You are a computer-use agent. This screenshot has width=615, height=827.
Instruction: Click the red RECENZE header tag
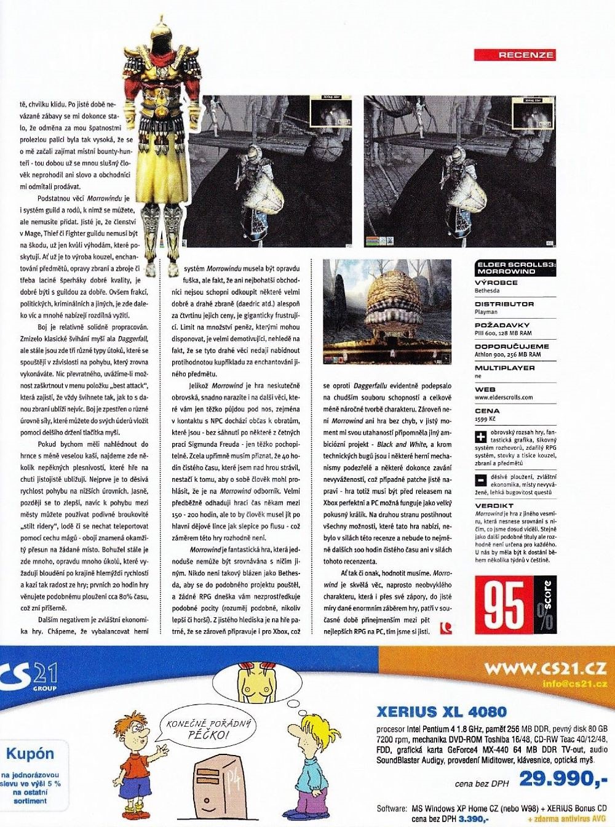[x=515, y=55]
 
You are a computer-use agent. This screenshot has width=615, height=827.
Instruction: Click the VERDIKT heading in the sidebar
[x=494, y=505]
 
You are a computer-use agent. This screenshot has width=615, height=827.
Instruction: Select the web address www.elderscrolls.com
[x=504, y=398]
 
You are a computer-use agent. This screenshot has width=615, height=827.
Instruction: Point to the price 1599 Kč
[x=485, y=418]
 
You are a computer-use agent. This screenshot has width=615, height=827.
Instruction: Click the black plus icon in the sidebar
[x=481, y=437]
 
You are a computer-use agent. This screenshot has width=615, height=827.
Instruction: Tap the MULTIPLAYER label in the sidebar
[x=504, y=368]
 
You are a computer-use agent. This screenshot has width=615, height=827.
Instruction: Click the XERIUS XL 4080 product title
[x=442, y=713]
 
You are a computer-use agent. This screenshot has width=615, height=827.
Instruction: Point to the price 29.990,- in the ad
[x=563, y=779]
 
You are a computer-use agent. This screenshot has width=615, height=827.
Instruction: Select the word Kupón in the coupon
[x=30, y=754]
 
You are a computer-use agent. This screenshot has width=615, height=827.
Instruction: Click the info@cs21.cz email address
[x=574, y=684]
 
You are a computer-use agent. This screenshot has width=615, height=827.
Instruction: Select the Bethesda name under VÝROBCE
[x=487, y=290]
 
